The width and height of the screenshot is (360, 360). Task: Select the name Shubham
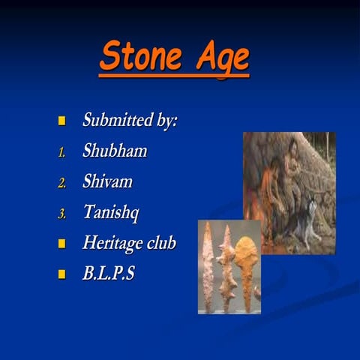coord(115,151)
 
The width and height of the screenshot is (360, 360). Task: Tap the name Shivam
coord(109,181)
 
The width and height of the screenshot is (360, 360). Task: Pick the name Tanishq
coord(112,213)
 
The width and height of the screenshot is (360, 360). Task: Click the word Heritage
coord(112,243)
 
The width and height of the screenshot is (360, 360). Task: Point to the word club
coord(160,243)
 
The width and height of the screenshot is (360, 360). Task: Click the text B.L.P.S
coord(109,274)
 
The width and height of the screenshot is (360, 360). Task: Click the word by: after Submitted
coord(164,121)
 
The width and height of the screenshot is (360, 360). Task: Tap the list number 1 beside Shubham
coord(63,152)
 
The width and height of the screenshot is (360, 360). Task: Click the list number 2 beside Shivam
coord(63,183)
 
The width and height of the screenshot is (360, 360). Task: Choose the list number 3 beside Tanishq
coord(63,214)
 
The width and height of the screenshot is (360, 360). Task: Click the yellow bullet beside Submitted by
coord(63,121)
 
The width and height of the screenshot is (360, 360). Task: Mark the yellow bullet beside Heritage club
coord(63,244)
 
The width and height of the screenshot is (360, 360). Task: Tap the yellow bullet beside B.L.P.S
coord(63,274)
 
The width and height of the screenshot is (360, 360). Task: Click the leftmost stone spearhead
coord(208,266)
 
